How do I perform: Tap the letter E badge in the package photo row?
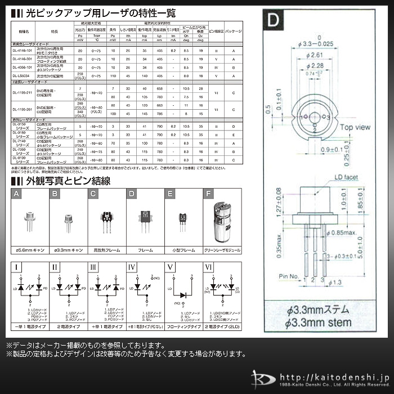(169, 194)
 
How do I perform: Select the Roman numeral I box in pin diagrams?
(18, 266)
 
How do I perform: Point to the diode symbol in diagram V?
(182, 294)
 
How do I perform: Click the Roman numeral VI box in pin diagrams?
(209, 266)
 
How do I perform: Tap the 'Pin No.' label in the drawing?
(290, 276)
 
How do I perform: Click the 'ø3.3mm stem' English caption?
(317, 323)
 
